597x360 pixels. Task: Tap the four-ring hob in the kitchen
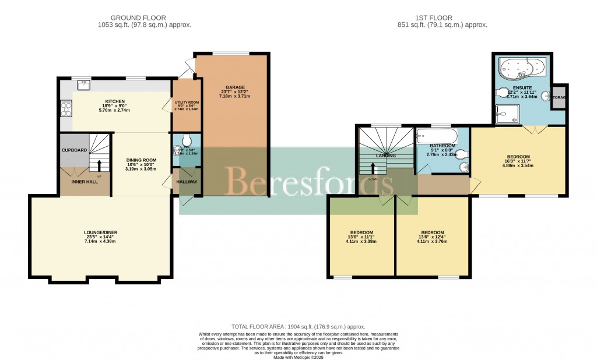(65, 108)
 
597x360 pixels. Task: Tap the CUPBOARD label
(74, 150)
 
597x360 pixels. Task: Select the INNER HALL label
(84, 182)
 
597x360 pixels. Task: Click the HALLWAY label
(187, 182)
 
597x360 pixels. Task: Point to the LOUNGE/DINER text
(100, 232)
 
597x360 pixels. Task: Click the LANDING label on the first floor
(385, 156)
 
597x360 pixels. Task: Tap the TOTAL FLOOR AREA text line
(298, 327)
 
